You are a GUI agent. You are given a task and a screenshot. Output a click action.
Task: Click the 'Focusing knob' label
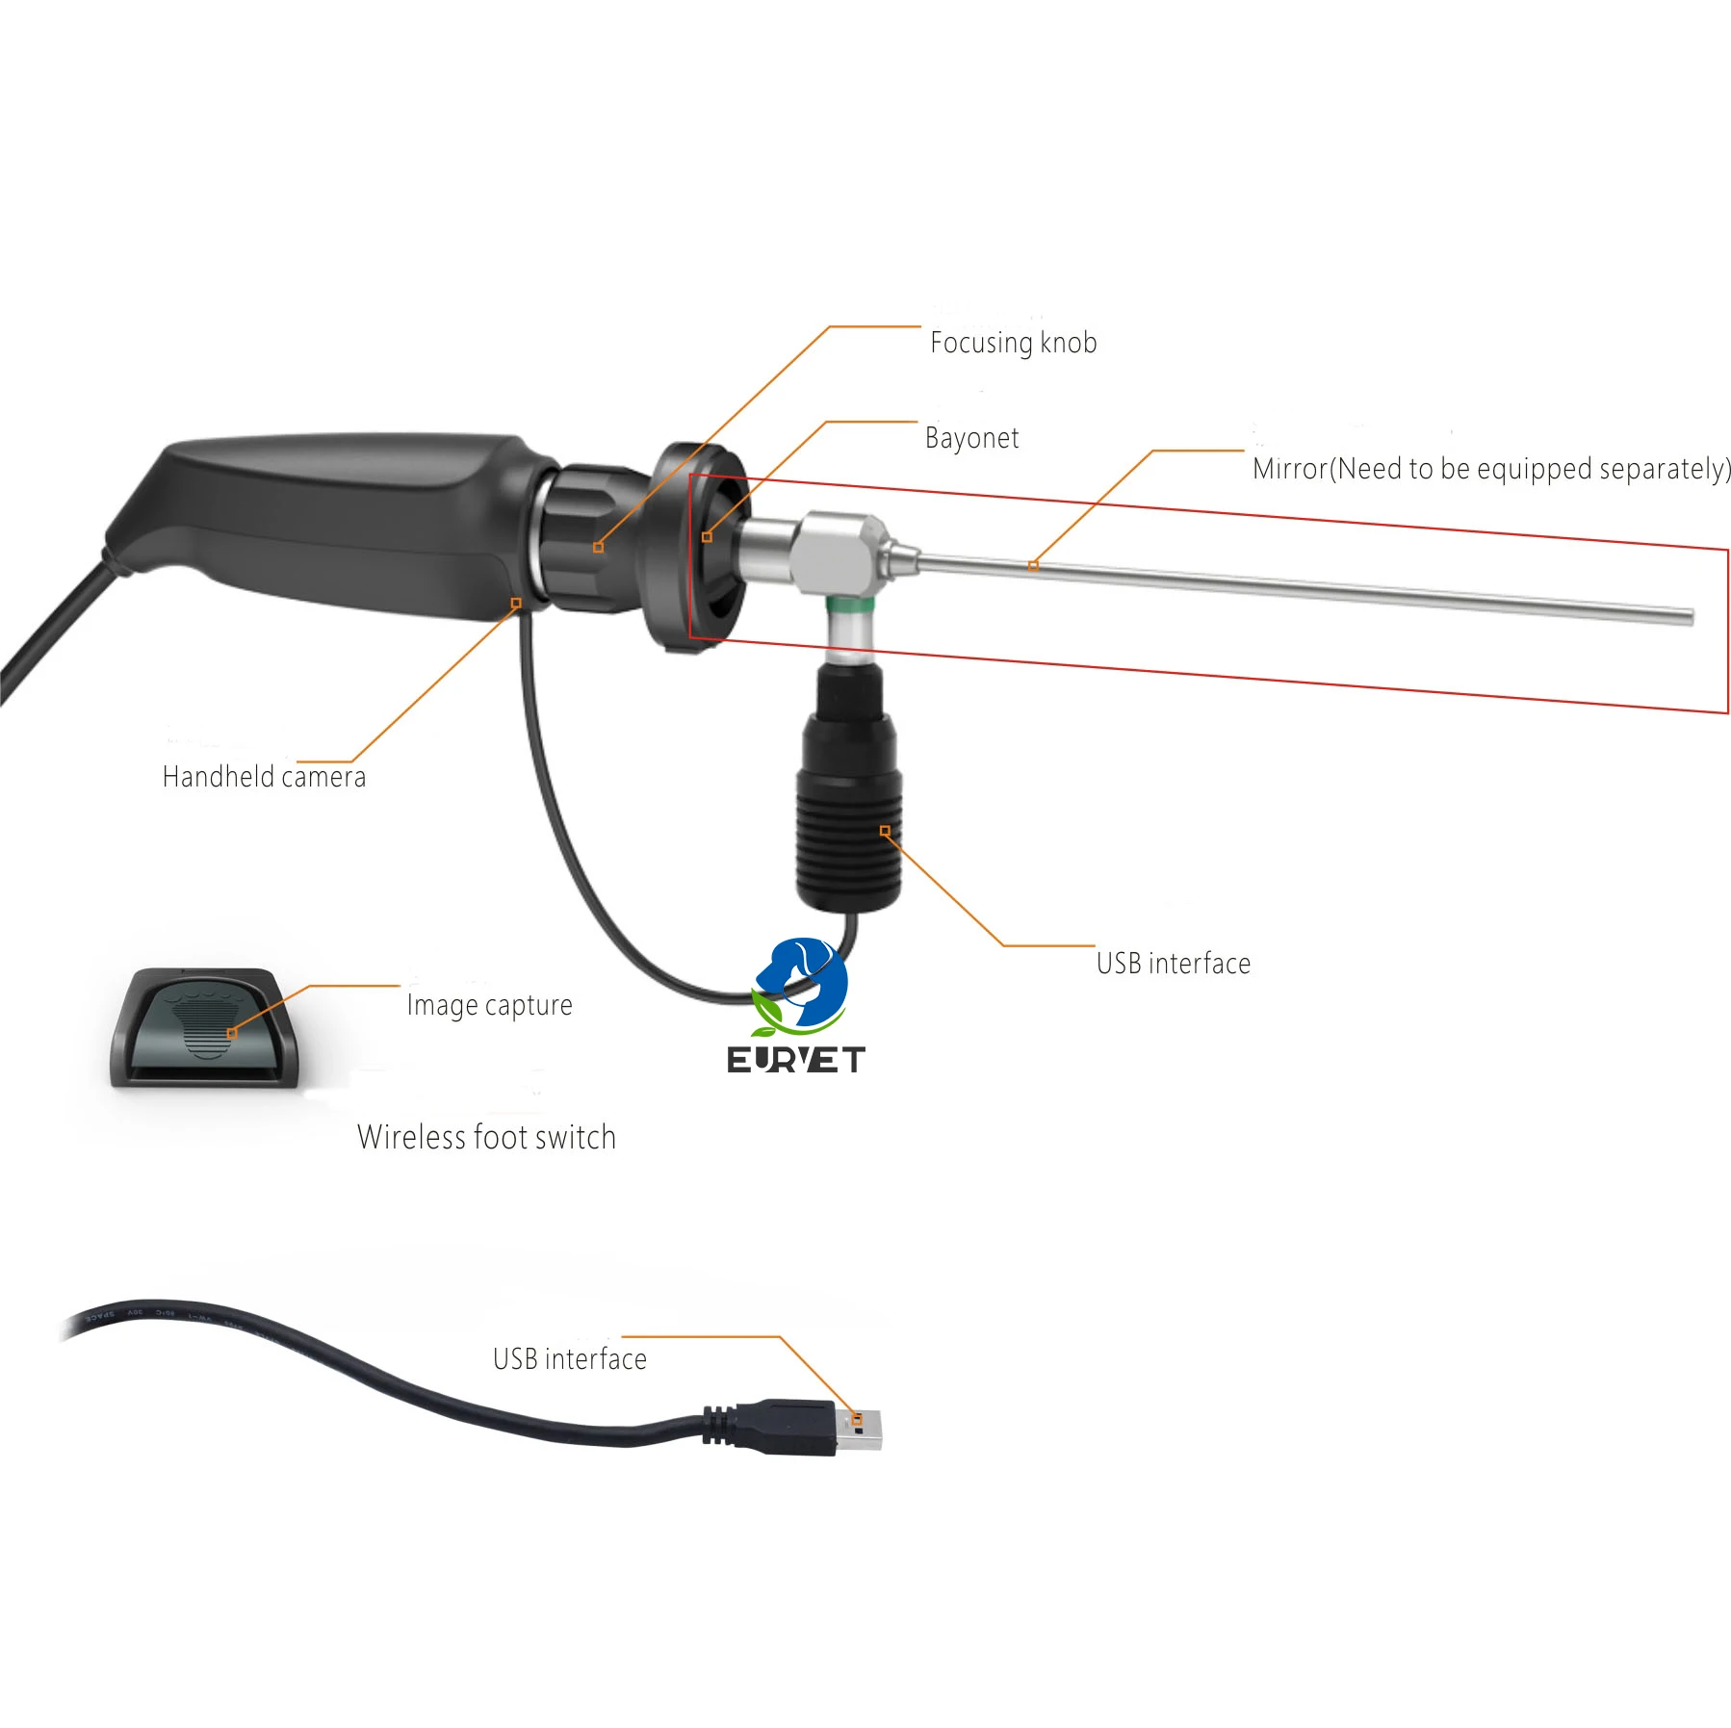point(1013,343)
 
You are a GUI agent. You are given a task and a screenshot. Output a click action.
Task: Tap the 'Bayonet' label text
point(971,438)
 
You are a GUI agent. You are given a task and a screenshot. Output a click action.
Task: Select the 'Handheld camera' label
point(264,777)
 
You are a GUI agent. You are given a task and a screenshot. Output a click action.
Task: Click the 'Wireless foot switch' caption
point(486,1137)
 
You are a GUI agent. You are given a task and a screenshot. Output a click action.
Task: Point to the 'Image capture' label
point(489,1005)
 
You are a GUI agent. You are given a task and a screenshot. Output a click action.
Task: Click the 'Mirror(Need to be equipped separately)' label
point(1491,469)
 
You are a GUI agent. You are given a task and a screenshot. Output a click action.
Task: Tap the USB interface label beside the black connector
point(1173,964)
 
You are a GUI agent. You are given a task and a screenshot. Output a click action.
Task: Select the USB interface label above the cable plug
point(569,1359)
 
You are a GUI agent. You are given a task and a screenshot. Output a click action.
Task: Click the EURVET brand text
point(795,1060)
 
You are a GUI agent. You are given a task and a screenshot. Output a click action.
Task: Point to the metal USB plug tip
point(860,1430)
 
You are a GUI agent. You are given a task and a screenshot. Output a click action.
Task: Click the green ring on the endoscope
point(850,606)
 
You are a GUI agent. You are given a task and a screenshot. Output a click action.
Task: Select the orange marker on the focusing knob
point(598,548)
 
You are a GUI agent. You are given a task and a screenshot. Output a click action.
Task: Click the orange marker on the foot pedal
point(231,1034)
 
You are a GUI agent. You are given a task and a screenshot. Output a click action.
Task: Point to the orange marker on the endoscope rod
point(1033,566)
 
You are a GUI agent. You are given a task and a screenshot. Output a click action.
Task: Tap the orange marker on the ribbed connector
point(885,831)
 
